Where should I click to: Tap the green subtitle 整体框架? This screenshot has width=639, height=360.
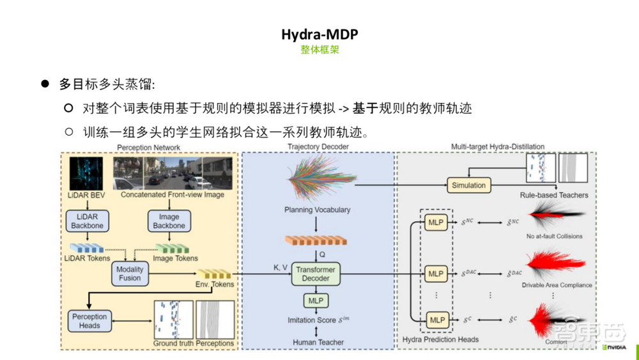pos(319,49)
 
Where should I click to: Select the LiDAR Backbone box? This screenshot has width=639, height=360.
pos(86,221)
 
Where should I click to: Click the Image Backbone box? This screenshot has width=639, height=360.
pos(169,221)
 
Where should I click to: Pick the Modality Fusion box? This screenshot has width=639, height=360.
pos(130,274)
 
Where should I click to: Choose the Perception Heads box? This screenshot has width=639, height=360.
pos(89,321)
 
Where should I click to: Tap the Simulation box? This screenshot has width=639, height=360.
pos(468,185)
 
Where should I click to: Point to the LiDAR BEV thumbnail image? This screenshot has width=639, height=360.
pos(87,173)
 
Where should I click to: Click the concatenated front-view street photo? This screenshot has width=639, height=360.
pos(173,173)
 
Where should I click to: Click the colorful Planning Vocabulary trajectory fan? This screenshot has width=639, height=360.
pos(316,182)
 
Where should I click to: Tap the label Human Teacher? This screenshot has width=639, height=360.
pos(318,343)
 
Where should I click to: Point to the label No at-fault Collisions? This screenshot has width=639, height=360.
pos(553,237)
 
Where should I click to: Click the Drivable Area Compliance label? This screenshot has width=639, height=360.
pos(557,285)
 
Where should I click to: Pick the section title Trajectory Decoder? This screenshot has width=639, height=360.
pos(317,148)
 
